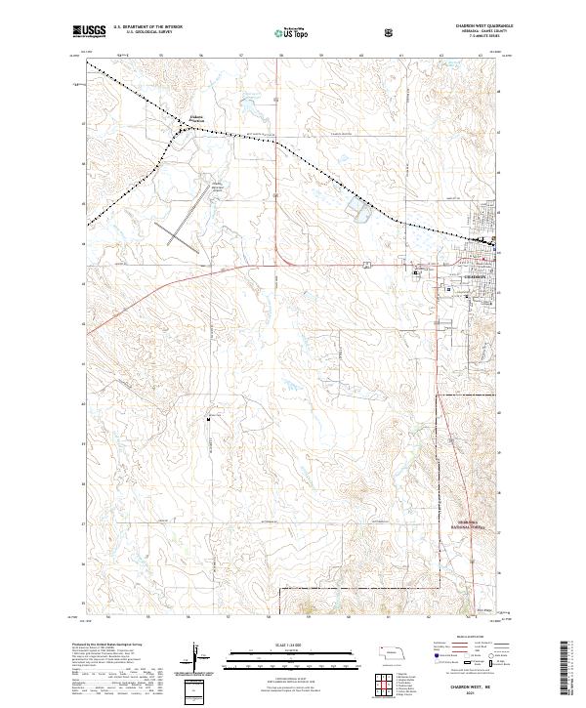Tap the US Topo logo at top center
coord(280,32)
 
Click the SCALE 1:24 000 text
coord(263,644)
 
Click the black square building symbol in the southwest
coord(210,419)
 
